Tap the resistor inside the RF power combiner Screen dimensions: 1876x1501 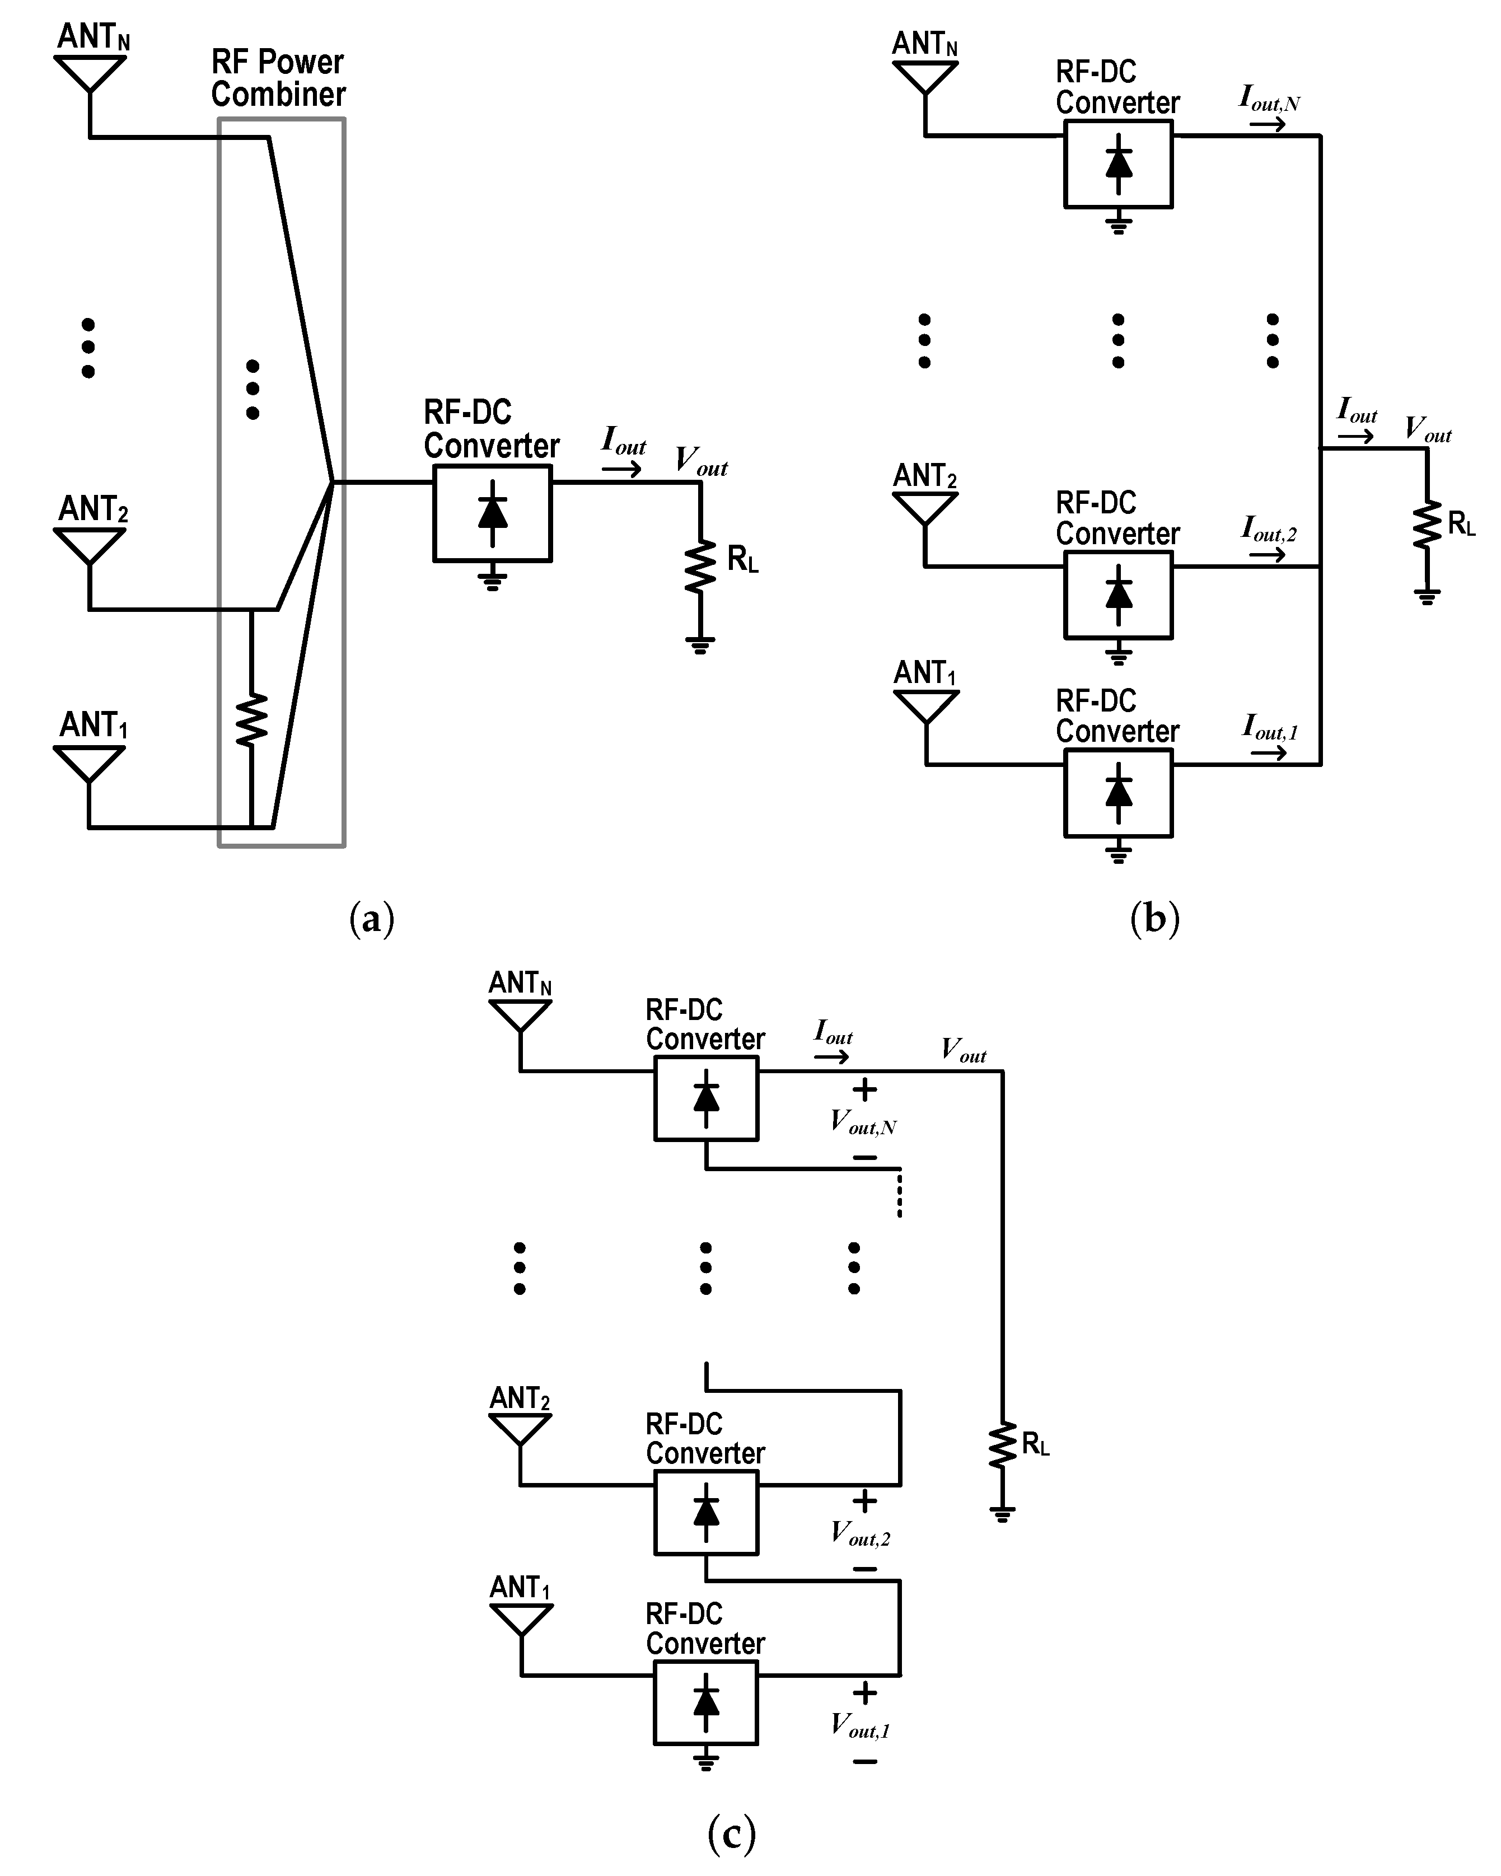click(251, 719)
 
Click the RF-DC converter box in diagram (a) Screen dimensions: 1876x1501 click(493, 513)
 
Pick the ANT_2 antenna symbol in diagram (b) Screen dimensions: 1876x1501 click(925, 509)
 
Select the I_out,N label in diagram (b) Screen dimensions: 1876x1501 click(1269, 99)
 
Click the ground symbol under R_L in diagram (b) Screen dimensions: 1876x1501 click(1427, 596)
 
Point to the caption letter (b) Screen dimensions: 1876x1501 click(1154, 918)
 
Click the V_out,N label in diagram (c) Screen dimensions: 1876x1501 click(863, 1122)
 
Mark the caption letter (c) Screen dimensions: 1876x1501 click(732, 1833)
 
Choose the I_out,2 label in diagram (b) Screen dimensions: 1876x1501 click(1269, 529)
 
